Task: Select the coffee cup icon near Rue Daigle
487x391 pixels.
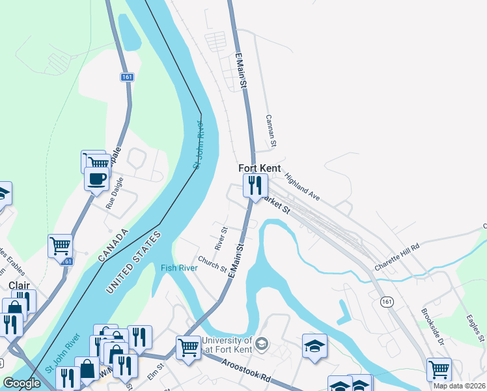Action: coord(97,179)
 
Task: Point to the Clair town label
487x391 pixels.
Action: coord(19,285)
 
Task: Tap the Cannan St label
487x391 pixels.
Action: coord(271,130)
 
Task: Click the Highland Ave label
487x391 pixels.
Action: coord(302,185)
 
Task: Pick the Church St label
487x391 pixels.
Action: coord(212,263)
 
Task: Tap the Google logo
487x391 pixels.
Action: coord(21,383)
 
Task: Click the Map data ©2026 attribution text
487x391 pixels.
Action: coord(460,386)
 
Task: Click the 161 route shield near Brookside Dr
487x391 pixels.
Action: coord(387,302)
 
